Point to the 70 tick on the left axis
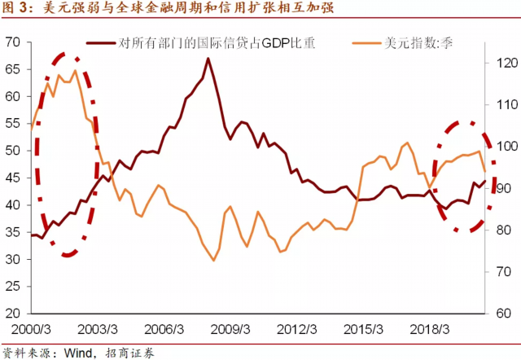tap(13, 42)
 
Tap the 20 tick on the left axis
tap(13, 314)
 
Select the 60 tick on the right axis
tap(501, 314)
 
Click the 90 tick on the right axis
tap(501, 188)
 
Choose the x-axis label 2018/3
tap(432, 329)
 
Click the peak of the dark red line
tap(208, 59)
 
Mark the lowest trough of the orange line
tap(213, 260)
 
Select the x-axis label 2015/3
tap(366, 329)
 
